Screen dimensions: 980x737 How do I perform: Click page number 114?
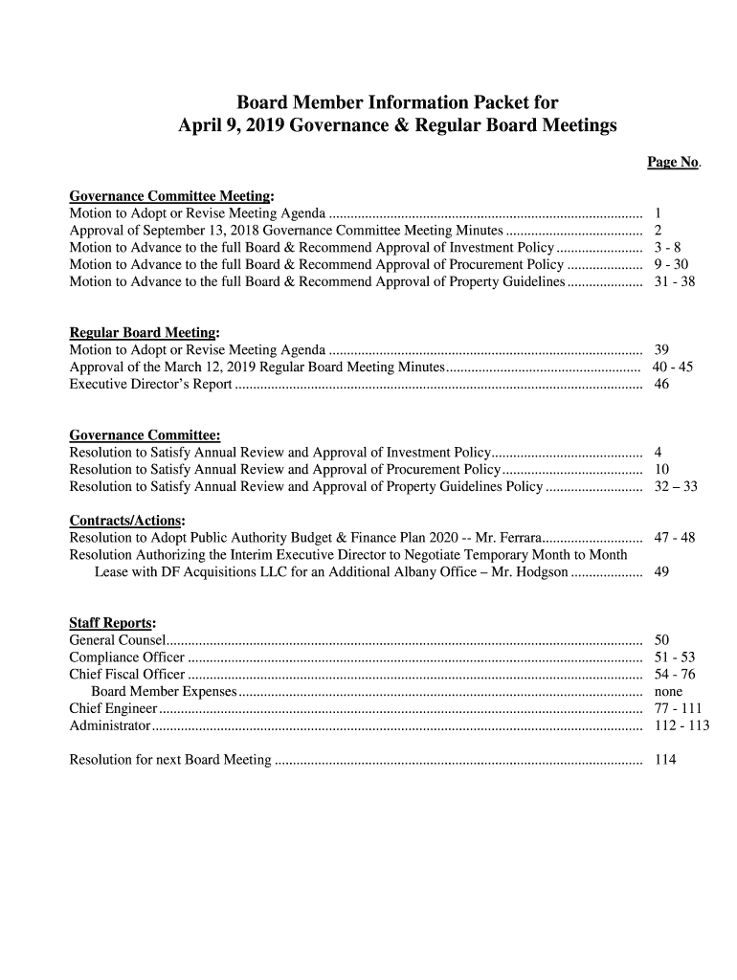click(664, 760)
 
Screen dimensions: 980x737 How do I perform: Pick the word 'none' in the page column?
click(668, 691)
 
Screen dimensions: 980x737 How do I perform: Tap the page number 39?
click(661, 350)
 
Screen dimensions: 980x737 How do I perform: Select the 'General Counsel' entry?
click(117, 639)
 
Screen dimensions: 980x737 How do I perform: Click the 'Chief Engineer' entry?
click(113, 708)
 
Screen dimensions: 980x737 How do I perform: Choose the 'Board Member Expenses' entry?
click(163, 691)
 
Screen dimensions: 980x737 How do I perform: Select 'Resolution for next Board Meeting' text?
click(170, 760)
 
